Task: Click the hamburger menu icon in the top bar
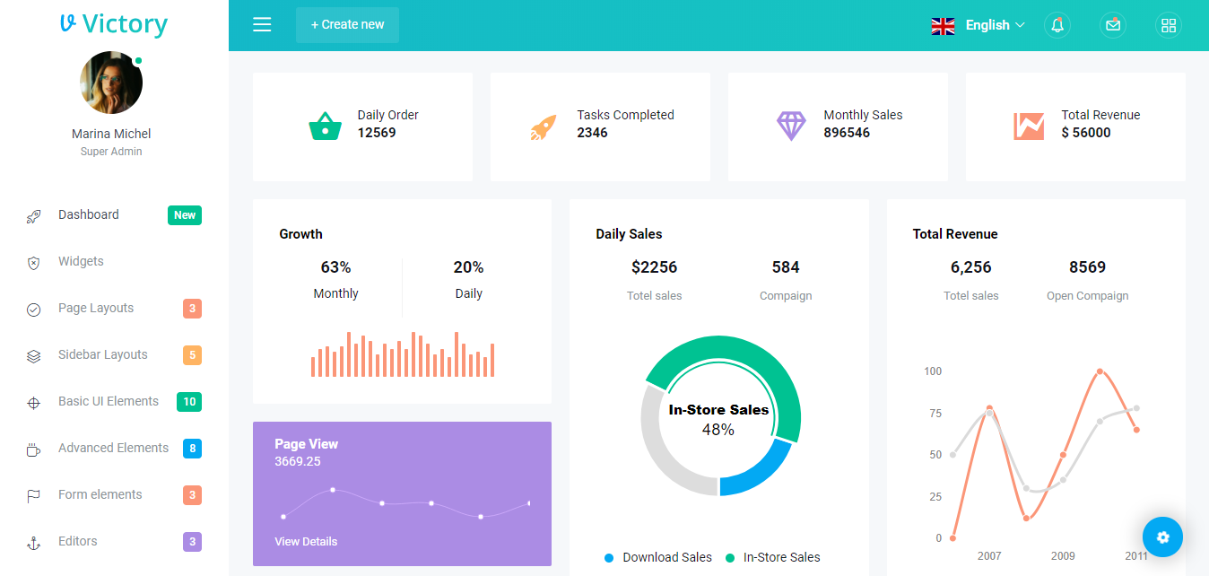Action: [x=262, y=25]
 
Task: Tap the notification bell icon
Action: [x=1057, y=25]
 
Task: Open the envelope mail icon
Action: [x=1113, y=25]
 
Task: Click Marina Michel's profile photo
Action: [x=111, y=83]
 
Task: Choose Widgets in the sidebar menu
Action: [x=81, y=261]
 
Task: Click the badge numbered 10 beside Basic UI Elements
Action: [x=189, y=402]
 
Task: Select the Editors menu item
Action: [x=78, y=541]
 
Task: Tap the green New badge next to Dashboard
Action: [x=185, y=215]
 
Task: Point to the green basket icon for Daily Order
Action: [x=325, y=127]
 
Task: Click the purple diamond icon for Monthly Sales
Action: [x=791, y=126]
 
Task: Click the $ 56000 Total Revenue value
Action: [x=1085, y=133]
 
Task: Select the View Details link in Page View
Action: [x=306, y=541]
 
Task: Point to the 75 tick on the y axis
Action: [x=935, y=414]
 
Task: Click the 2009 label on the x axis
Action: [x=1063, y=556]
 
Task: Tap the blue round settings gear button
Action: [x=1162, y=537]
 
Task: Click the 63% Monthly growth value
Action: [x=335, y=267]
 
